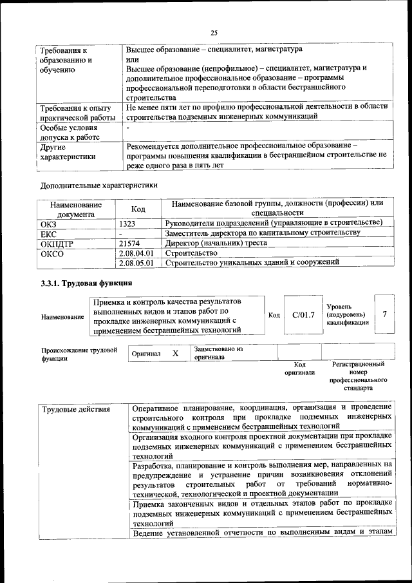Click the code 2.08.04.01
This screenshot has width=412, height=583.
point(137,253)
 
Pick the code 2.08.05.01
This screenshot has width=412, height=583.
point(137,263)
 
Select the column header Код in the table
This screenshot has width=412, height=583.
point(138,209)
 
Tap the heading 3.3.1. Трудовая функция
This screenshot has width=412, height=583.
point(86,283)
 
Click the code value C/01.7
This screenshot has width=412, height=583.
point(303,314)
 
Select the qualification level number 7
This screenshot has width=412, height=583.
point(384,314)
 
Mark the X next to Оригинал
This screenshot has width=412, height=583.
point(175,354)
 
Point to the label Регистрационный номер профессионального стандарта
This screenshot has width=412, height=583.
point(359,376)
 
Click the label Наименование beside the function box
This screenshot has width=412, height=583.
point(62,316)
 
